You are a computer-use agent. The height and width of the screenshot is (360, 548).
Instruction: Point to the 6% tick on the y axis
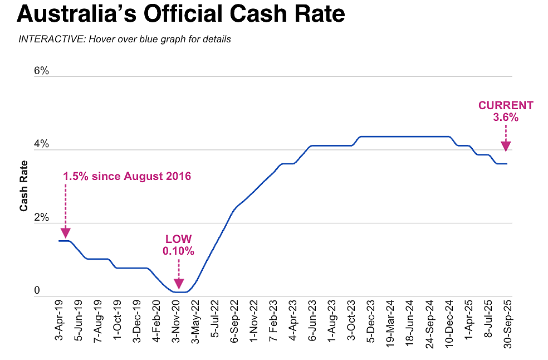click(42, 71)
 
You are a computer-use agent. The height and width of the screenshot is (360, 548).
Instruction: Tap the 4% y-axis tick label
click(42, 145)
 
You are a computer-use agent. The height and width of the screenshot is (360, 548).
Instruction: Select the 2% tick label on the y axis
click(42, 218)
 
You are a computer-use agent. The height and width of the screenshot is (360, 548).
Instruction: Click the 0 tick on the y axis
click(38, 290)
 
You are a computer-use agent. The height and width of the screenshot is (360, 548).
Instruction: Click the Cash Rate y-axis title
click(24, 186)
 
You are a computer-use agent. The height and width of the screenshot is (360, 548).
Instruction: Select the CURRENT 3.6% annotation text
click(506, 111)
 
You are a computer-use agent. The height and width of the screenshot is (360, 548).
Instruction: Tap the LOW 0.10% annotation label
click(178, 245)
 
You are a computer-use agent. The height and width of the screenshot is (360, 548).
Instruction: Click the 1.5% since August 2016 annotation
click(127, 177)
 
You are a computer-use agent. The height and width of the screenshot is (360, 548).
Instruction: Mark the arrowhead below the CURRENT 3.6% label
click(506, 146)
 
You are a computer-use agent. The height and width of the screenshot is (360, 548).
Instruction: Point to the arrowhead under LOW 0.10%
click(178, 284)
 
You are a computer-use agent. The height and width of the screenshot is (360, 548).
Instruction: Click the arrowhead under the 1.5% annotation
click(65, 232)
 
